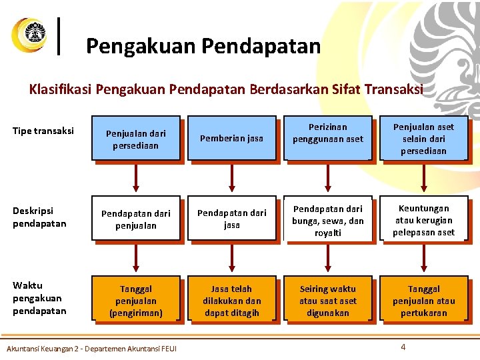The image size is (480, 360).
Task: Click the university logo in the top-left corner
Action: point(29,35)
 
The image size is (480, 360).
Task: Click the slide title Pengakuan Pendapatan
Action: point(203,46)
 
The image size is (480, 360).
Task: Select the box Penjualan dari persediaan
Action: point(136,139)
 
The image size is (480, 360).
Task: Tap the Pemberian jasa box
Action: point(231,139)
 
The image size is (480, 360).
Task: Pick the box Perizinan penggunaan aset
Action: point(327,139)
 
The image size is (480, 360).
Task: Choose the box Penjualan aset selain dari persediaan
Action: point(423,139)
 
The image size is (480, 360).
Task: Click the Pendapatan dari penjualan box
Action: point(136,219)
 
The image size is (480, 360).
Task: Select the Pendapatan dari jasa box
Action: point(231,219)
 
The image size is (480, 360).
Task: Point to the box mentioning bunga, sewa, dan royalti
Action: point(327,219)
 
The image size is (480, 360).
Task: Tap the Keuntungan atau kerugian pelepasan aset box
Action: point(423,219)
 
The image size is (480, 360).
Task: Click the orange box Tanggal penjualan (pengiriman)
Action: point(136,300)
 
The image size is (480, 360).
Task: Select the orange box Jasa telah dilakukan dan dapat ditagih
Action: point(231,300)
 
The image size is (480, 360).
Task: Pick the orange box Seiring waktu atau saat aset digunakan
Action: point(327,300)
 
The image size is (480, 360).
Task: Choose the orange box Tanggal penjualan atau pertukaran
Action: point(423,300)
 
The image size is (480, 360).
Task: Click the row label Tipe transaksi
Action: point(43,131)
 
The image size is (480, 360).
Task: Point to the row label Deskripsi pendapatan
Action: point(39,217)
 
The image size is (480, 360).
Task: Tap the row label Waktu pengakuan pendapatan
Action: point(39,298)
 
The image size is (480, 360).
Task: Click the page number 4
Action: point(403,347)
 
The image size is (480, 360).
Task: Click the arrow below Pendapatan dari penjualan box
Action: point(136,259)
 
